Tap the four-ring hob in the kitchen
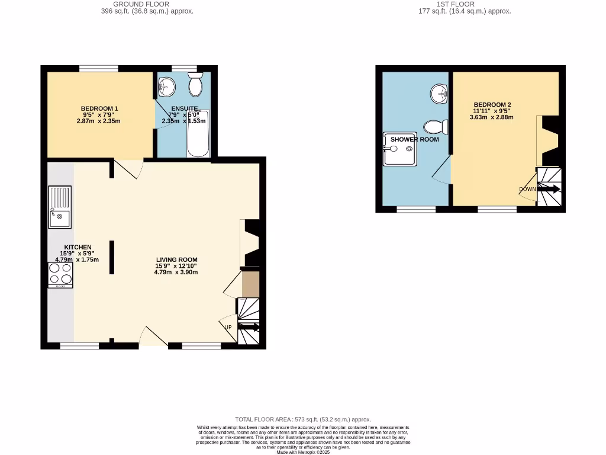coord(60,274)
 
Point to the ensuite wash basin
coord(167,87)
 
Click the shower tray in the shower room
coord(399,149)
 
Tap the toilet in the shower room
coord(436,127)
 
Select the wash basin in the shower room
coord(439,93)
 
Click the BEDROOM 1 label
coord(99,108)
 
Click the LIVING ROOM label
coord(176,259)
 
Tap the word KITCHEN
coord(78,247)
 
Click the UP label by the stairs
coord(228,327)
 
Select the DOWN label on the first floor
coord(527,190)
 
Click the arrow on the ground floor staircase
coord(249,326)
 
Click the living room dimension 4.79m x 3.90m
coord(176,273)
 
